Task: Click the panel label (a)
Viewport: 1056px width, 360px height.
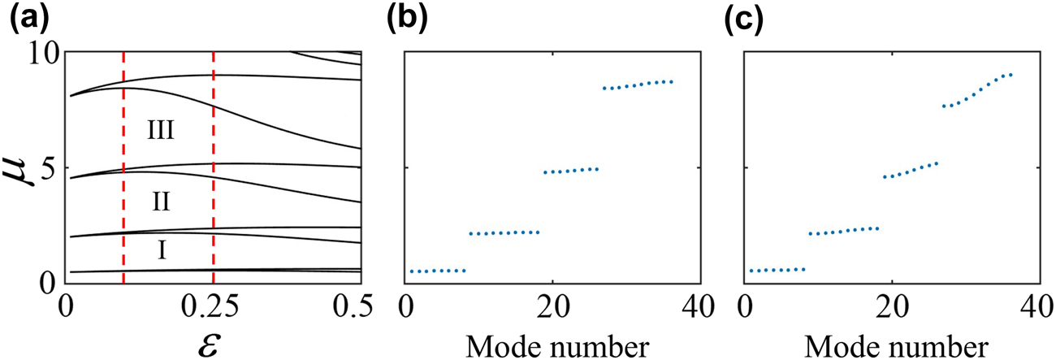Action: pyautogui.click(x=24, y=17)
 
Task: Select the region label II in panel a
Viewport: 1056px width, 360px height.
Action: pyautogui.click(x=161, y=199)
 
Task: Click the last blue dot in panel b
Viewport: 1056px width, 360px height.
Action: pyautogui.click(x=672, y=81)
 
